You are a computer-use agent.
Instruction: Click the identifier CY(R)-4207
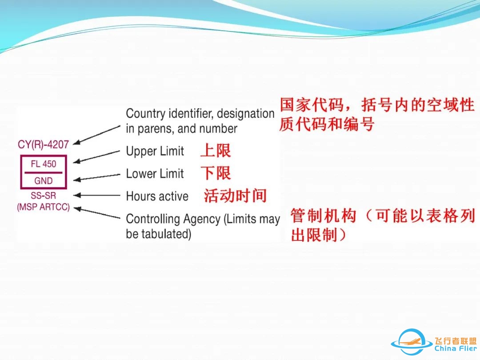[x=43, y=144]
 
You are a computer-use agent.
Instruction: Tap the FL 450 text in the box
[x=44, y=164]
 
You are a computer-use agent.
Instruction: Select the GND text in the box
[x=44, y=180]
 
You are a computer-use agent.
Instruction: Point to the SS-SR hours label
[x=43, y=195]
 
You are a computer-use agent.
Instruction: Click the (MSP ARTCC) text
[x=43, y=207]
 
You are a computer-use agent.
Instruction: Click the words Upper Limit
[x=155, y=151]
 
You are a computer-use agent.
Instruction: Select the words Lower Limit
[x=155, y=174]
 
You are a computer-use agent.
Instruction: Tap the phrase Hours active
[x=157, y=196]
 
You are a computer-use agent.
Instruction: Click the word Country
[x=146, y=114]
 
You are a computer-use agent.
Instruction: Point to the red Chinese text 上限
[x=216, y=151]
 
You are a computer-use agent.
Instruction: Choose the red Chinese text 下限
[x=216, y=173]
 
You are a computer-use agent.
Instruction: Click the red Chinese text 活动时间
[x=235, y=196]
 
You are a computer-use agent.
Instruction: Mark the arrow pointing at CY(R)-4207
[x=97, y=134]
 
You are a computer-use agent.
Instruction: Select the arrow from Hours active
[x=97, y=195]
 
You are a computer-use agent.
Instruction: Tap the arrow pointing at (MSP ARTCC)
[x=97, y=213]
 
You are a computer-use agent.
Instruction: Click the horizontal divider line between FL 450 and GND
[x=44, y=172]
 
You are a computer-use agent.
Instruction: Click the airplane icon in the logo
[x=411, y=340]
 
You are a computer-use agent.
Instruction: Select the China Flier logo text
[x=456, y=348]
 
